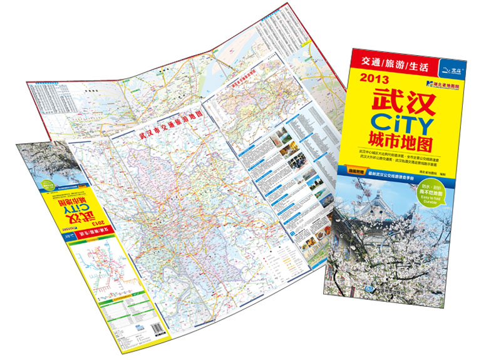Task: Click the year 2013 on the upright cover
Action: tap(374, 79)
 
